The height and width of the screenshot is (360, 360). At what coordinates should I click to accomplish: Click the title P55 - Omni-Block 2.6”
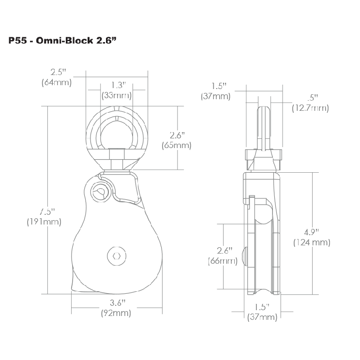coord(63,41)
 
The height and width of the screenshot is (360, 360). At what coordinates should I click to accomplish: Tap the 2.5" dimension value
coord(59,72)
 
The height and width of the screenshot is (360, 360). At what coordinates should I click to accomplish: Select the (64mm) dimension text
coord(57,82)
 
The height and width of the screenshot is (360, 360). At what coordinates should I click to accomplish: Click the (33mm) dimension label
coord(117,95)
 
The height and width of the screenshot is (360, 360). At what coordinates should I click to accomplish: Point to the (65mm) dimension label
coord(177,145)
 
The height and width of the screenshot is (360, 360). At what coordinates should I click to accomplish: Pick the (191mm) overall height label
coord(44,222)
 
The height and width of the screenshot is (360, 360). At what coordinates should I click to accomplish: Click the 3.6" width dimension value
coord(118,303)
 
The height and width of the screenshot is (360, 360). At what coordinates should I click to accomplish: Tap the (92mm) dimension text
coord(116,313)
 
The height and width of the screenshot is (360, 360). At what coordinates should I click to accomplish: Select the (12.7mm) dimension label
coord(311,108)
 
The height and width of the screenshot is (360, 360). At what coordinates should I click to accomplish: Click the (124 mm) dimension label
coord(312,242)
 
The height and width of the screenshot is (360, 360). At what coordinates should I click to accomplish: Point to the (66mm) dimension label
coord(223,261)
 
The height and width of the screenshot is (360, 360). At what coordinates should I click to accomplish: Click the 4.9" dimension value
coord(312,232)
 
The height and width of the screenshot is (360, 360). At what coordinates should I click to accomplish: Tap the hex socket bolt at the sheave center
coord(117,256)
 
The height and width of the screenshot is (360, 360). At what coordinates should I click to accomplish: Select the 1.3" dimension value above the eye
coord(119,85)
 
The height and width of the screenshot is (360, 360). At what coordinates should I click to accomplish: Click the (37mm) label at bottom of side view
coord(262,317)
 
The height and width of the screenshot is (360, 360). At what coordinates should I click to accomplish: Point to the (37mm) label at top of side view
coord(216,96)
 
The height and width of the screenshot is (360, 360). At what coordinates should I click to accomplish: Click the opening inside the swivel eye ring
coord(117,135)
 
